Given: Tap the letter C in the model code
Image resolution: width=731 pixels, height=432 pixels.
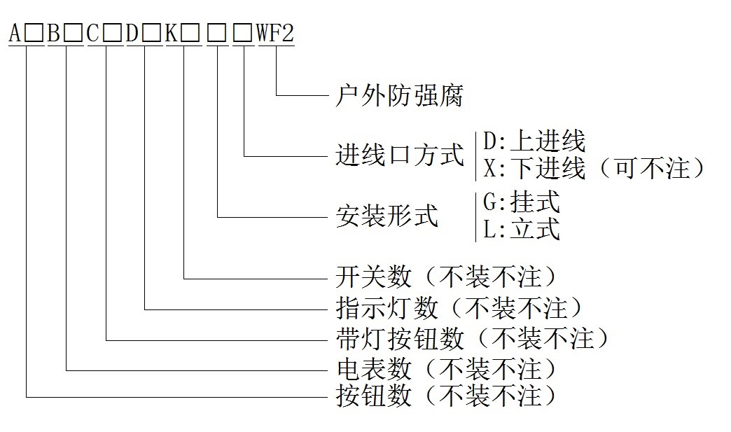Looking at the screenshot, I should (x=94, y=34).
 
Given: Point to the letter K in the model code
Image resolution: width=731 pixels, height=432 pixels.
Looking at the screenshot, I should (x=172, y=34).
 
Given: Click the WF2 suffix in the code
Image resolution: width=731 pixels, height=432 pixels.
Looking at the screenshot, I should (x=275, y=34).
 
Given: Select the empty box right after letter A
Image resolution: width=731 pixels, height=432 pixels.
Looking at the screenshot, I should (x=34, y=34).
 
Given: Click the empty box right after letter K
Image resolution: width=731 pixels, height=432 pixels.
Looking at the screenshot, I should (x=191, y=34).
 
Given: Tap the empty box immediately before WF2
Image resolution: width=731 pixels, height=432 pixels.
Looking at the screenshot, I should (x=244, y=34).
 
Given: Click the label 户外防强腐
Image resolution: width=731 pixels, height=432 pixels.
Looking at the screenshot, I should (x=400, y=95).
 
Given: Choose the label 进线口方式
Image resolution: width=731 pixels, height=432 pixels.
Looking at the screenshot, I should (x=400, y=155).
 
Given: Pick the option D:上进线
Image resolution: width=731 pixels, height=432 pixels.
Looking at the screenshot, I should (x=534, y=142).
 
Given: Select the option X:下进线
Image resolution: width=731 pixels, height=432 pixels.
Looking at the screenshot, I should (x=534, y=168).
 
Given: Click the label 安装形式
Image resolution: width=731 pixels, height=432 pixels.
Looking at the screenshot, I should (x=387, y=216).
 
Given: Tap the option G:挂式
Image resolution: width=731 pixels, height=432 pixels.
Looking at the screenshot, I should (x=522, y=203).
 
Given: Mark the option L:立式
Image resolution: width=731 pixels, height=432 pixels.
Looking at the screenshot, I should (x=522, y=229).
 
